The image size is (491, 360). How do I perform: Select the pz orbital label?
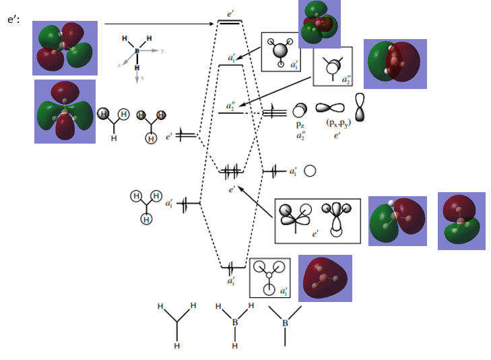click(x=300, y=125)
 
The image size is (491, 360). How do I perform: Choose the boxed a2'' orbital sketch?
click(x=332, y=66)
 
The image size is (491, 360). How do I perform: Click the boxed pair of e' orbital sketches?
click(x=317, y=220)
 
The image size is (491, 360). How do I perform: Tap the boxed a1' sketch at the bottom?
click(x=269, y=277)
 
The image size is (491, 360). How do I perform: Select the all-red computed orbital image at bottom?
click(x=325, y=278)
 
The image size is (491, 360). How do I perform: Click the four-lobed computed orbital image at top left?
click(x=65, y=48)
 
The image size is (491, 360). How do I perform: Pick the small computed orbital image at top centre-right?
click(x=319, y=24)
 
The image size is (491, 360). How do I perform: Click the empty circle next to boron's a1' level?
click(x=310, y=171)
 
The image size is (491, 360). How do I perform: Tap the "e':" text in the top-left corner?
click(x=13, y=20)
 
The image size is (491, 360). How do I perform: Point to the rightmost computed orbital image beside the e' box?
click(x=461, y=221)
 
